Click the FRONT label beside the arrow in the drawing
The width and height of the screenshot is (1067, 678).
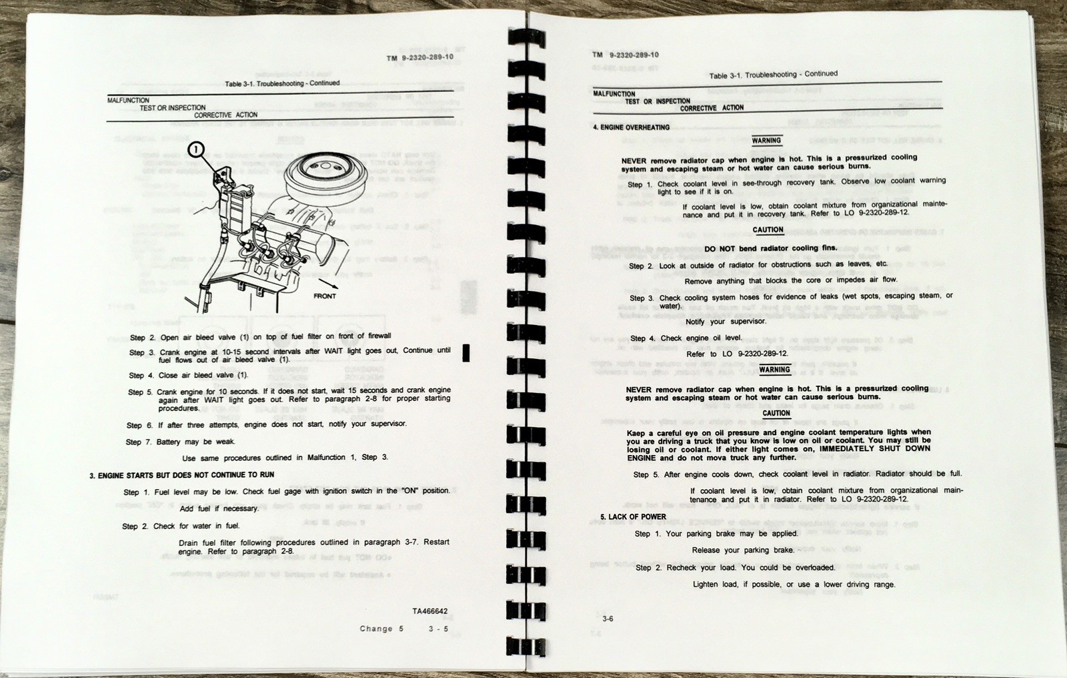tap(325, 296)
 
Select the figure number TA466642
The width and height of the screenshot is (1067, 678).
tap(430, 611)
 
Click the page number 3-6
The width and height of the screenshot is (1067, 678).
tap(608, 619)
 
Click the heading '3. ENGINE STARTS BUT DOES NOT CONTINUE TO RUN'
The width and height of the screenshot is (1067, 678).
tap(182, 475)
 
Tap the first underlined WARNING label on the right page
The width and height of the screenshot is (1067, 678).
tap(766, 141)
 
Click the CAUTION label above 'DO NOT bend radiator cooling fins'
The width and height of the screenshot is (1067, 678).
tap(768, 230)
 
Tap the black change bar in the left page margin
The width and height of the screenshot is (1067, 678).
tap(465, 353)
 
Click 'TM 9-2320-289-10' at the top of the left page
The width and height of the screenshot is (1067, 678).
tap(420, 57)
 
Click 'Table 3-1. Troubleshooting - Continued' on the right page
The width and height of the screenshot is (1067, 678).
tap(774, 75)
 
